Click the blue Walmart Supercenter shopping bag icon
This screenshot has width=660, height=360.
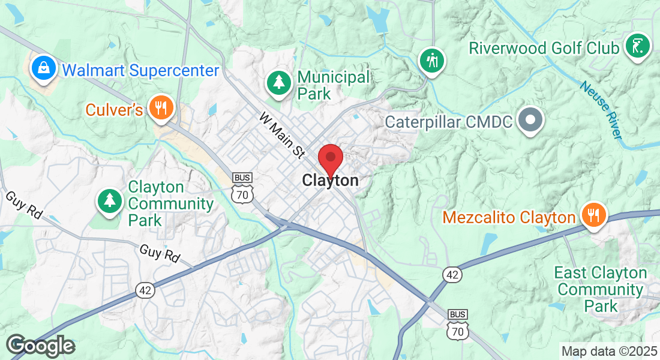(44, 68)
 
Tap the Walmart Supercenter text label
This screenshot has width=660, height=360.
(140, 70)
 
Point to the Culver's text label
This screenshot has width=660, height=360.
(114, 110)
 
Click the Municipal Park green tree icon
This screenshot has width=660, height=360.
(279, 82)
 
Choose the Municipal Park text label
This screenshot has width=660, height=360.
(334, 85)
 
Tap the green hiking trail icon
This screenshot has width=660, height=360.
(431, 59)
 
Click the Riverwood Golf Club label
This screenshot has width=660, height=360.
(544, 48)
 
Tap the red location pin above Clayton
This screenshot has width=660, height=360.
(330, 159)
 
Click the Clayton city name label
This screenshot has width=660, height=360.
(331, 180)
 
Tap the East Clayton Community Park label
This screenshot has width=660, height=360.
(600, 290)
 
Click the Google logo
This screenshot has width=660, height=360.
(41, 346)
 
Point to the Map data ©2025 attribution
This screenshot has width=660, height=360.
(608, 351)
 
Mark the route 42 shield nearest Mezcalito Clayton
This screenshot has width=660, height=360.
(453, 275)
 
